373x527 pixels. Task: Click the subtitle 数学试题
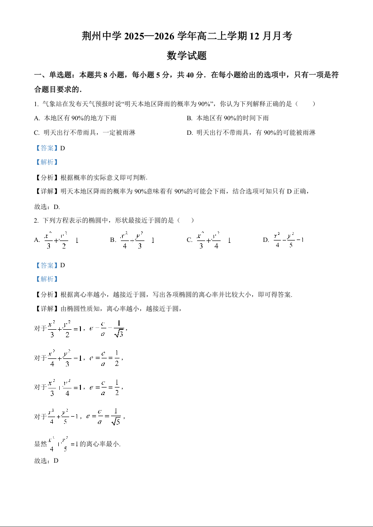(x=187, y=56)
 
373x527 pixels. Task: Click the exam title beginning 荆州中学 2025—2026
(x=187, y=36)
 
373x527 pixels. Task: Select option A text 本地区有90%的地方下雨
(x=69, y=118)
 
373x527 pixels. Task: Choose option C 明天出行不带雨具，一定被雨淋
(x=85, y=133)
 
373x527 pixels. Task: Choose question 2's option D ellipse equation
(x=288, y=240)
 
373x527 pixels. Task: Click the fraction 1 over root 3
(x=118, y=328)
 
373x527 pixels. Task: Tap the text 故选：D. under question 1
(x=47, y=207)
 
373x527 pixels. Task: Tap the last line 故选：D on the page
(x=46, y=461)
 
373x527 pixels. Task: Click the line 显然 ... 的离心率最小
(x=78, y=444)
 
